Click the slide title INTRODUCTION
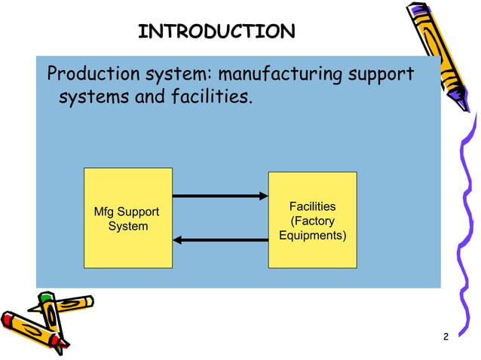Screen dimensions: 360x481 [217, 32]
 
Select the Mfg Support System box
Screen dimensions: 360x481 [128, 218]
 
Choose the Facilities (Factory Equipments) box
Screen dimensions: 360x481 [312, 220]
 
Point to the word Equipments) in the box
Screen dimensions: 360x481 [313, 235]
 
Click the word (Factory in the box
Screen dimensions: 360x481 [313, 221]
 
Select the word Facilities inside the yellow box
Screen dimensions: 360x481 [313, 206]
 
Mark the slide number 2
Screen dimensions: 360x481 [446, 336]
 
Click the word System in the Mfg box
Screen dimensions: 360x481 [128, 226]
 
